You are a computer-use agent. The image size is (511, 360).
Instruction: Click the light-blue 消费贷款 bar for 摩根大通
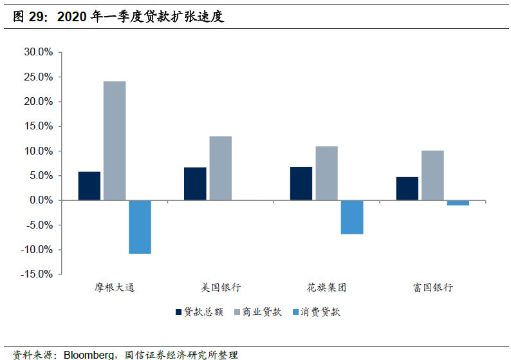[140, 227]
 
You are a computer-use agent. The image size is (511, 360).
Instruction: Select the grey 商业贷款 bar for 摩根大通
[115, 140]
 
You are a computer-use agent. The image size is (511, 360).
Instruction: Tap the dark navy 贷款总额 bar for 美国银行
[195, 184]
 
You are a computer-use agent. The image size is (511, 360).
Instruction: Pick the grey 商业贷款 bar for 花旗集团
[326, 173]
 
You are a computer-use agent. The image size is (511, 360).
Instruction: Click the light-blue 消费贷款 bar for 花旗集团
[352, 217]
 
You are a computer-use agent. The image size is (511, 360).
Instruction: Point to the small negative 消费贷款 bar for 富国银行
[458, 203]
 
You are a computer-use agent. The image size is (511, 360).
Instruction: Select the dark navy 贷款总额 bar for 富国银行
[407, 189]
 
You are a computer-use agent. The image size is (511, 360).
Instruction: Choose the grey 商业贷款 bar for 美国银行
[220, 168]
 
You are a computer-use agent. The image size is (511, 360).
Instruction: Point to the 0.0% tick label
[41, 200]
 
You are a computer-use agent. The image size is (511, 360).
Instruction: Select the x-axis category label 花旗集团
[326, 287]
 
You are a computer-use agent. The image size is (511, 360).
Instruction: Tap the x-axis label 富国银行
[432, 287]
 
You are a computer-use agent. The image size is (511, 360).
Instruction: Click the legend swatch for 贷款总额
[178, 312]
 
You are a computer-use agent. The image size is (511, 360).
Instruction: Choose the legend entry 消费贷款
[321, 312]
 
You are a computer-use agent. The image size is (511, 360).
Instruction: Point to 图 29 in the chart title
[30, 17]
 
